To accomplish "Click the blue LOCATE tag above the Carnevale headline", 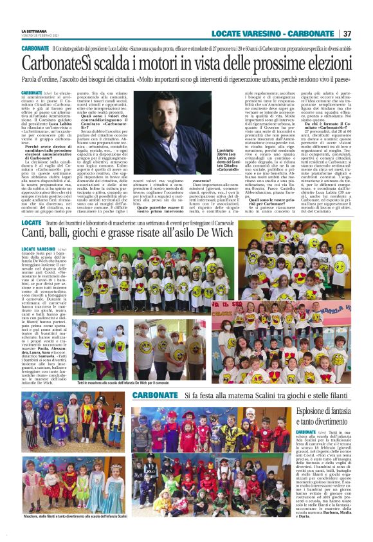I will coord(32,221).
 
